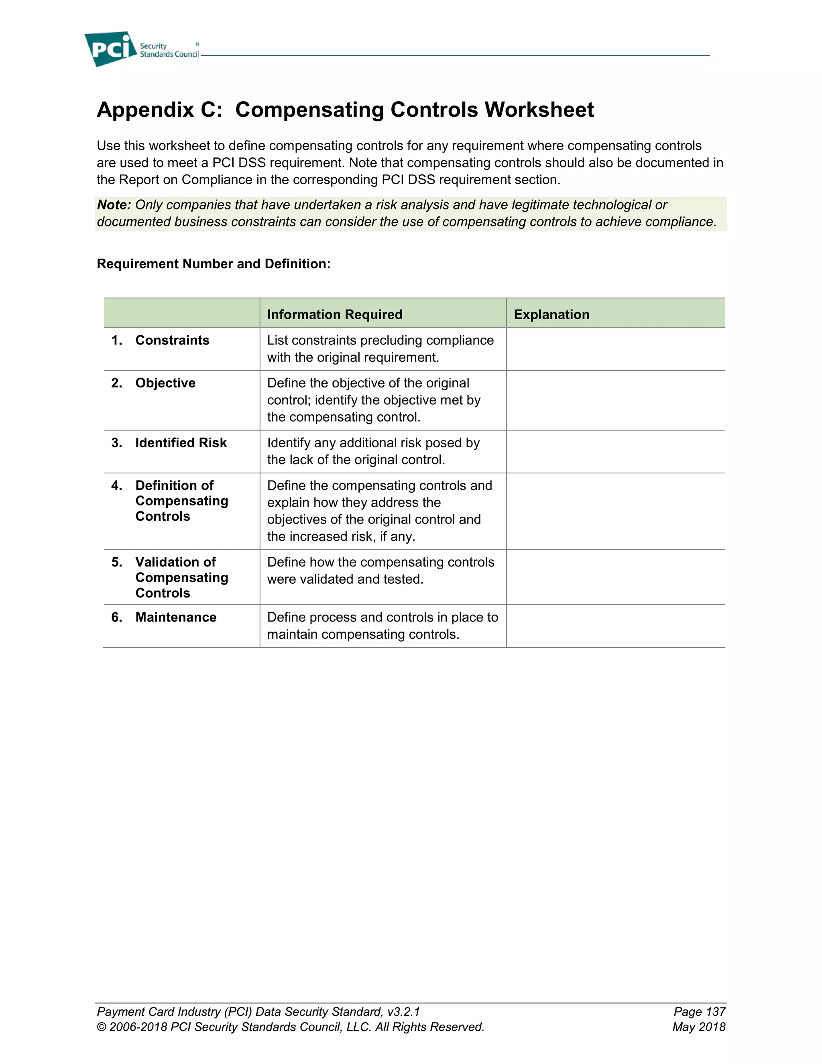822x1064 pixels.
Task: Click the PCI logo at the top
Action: (x=111, y=49)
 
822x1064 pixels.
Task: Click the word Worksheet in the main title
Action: (x=539, y=110)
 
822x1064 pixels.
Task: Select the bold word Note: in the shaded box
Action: (x=114, y=205)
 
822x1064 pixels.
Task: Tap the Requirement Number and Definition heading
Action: (x=213, y=264)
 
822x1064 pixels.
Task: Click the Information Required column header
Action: (x=335, y=315)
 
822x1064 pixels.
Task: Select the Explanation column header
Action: (x=551, y=315)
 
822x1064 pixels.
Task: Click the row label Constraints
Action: (x=172, y=340)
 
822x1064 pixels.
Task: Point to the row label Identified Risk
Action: (x=181, y=443)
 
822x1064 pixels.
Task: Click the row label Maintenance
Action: (x=176, y=617)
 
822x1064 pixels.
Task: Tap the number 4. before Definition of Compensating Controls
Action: (x=117, y=486)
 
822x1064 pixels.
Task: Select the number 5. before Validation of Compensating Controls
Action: (x=117, y=562)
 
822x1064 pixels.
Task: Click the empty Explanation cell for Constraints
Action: (x=616, y=349)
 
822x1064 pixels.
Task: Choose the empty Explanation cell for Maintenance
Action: (x=616, y=626)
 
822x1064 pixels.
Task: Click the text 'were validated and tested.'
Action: (x=345, y=579)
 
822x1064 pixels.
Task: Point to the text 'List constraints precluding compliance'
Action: (x=380, y=340)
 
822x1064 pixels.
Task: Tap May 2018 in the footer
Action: (x=698, y=1027)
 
